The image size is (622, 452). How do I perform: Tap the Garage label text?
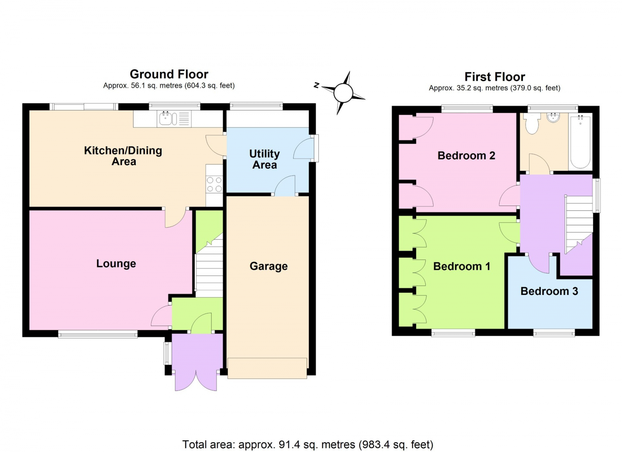(x=269, y=266)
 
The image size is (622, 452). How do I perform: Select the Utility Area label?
(x=264, y=159)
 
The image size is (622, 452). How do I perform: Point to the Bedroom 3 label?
(x=549, y=291)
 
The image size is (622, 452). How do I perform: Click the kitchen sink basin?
(x=166, y=119)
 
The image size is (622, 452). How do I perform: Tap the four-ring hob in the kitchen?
(x=214, y=184)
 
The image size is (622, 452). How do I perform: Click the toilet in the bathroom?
(x=532, y=124)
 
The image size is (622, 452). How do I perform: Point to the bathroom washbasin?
(x=553, y=118)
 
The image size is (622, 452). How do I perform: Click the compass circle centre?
(x=343, y=93)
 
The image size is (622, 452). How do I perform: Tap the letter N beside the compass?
(x=316, y=85)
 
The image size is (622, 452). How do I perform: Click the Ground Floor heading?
(x=169, y=74)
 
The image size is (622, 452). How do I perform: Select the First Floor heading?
(x=494, y=77)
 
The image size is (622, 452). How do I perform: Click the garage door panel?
(x=267, y=368)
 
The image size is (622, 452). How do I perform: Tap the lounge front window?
(x=98, y=334)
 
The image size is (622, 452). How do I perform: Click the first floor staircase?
(x=579, y=225)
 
